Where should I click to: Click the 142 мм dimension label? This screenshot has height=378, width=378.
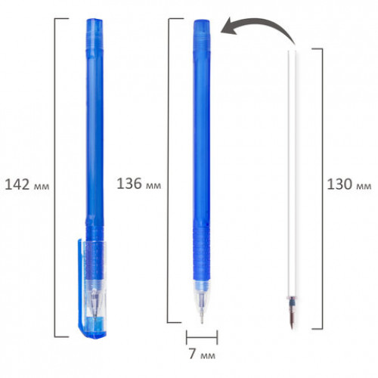point(27,184)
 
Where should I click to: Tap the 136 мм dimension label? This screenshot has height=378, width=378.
point(139,184)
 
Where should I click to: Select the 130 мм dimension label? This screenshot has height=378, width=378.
point(349,184)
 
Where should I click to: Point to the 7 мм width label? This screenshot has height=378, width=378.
point(202,354)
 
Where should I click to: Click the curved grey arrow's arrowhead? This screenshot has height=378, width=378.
point(230,26)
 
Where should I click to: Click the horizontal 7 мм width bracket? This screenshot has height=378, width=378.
point(202,337)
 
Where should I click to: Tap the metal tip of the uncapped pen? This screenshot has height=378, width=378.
point(202,315)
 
